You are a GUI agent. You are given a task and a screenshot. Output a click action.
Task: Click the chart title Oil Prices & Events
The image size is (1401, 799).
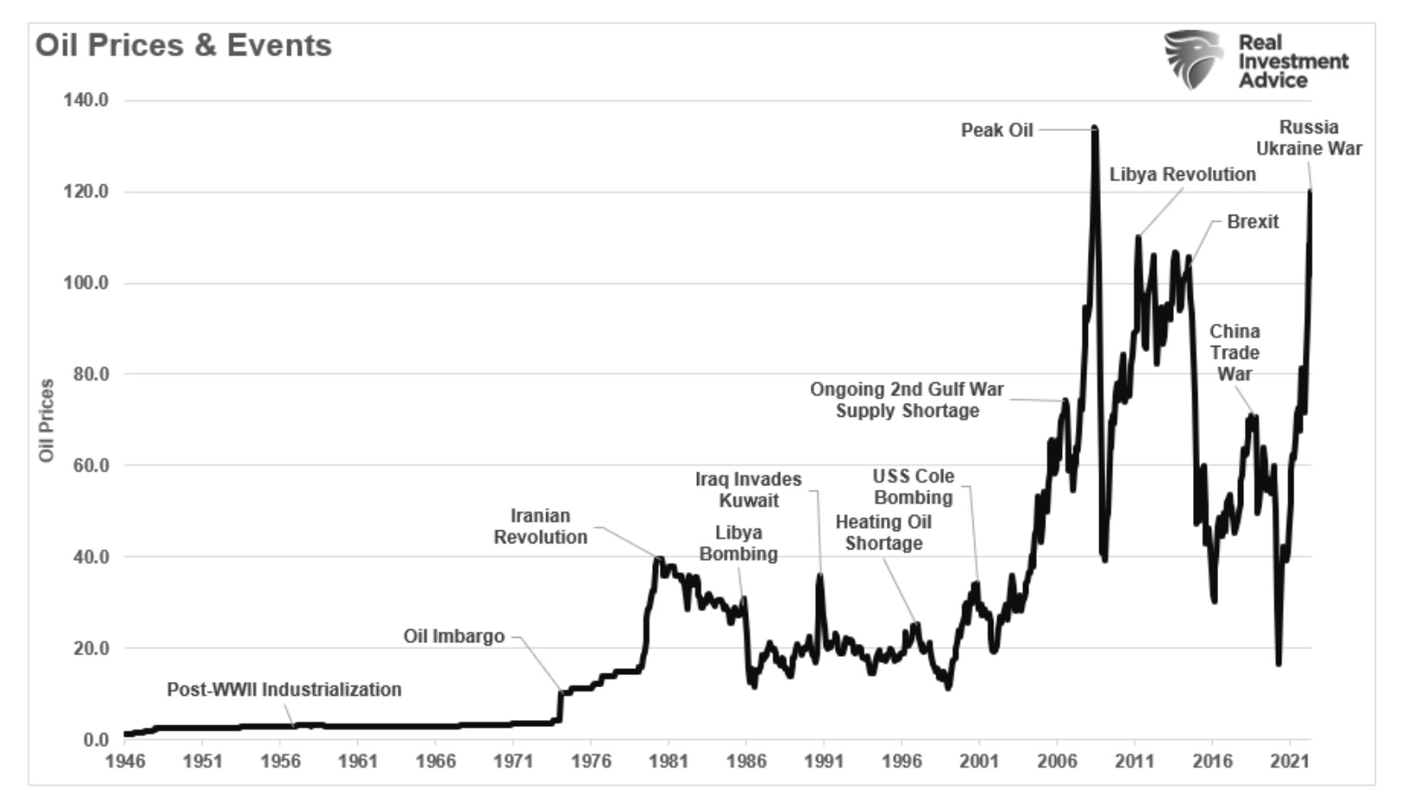click(x=183, y=45)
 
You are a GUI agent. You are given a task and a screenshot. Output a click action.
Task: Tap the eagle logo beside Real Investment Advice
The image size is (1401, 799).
click(x=1193, y=59)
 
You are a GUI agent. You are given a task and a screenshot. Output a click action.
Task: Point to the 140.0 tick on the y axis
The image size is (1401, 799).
click(x=85, y=101)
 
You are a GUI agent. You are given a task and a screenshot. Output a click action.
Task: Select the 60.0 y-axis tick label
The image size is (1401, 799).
click(x=85, y=465)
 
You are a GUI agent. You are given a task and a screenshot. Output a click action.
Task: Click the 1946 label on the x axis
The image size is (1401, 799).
click(x=125, y=761)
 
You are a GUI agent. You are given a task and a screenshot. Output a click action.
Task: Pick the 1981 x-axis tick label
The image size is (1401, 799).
click(x=668, y=761)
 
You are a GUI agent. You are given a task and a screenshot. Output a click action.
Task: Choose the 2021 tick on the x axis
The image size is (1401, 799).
click(x=1289, y=761)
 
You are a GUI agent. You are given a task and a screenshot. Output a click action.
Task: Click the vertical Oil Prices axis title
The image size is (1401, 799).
click(x=47, y=420)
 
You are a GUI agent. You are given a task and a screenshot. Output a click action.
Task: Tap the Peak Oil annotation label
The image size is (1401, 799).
click(x=996, y=130)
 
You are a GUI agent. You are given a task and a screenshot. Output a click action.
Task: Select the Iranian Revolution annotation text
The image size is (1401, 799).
click(x=540, y=526)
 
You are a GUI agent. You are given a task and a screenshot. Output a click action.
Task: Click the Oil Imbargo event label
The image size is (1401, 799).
click(x=453, y=636)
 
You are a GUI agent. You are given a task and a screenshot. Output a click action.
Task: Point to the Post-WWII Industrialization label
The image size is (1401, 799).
click(x=283, y=690)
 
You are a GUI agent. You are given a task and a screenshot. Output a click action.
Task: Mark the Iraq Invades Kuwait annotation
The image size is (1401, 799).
click(x=748, y=490)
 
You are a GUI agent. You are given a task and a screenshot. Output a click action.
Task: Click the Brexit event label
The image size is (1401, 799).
click(x=1252, y=222)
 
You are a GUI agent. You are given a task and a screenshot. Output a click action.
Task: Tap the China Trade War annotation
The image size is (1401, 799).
click(x=1235, y=353)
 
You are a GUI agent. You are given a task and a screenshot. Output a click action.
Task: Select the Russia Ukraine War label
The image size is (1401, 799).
click(x=1308, y=138)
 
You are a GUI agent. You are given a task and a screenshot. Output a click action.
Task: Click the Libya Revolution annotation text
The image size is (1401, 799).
click(x=1182, y=174)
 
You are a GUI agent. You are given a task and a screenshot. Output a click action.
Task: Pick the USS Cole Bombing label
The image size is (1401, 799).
click(x=913, y=487)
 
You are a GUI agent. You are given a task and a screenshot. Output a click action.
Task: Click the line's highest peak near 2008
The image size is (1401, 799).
click(x=1095, y=128)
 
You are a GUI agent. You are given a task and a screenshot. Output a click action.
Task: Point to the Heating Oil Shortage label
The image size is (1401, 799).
click(x=883, y=532)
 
